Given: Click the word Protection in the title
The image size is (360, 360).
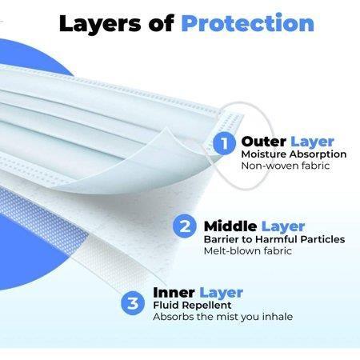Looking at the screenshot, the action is (x=248, y=22).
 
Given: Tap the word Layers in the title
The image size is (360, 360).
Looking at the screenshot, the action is (x=100, y=24).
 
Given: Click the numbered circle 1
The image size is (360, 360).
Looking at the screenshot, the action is (x=224, y=143).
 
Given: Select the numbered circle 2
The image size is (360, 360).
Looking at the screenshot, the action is (x=185, y=226).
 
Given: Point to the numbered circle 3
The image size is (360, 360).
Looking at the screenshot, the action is (x=133, y=303).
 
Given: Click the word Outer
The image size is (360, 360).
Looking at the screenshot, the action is (x=263, y=142).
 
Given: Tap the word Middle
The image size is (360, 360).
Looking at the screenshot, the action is (x=230, y=226).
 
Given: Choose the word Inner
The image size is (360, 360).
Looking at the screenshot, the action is (x=174, y=293).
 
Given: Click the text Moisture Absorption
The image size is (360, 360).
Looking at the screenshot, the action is (x=294, y=154).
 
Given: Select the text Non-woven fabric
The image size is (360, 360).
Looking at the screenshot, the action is (x=286, y=166).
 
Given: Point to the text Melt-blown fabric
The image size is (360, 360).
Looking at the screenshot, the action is (x=248, y=251).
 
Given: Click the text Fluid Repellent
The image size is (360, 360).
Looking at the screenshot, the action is (x=192, y=305).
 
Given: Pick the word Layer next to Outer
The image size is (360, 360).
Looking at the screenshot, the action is (x=312, y=142).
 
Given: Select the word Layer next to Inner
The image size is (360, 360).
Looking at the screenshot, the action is (x=221, y=294).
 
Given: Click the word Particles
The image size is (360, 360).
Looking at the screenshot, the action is (x=322, y=239).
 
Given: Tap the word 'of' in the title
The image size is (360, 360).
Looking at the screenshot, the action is (x=161, y=23).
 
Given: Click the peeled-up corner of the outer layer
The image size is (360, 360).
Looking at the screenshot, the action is (x=166, y=130).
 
